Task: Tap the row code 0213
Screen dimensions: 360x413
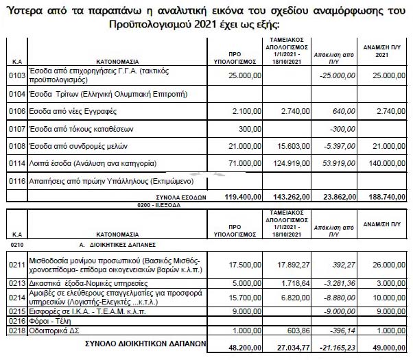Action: (14, 283)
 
